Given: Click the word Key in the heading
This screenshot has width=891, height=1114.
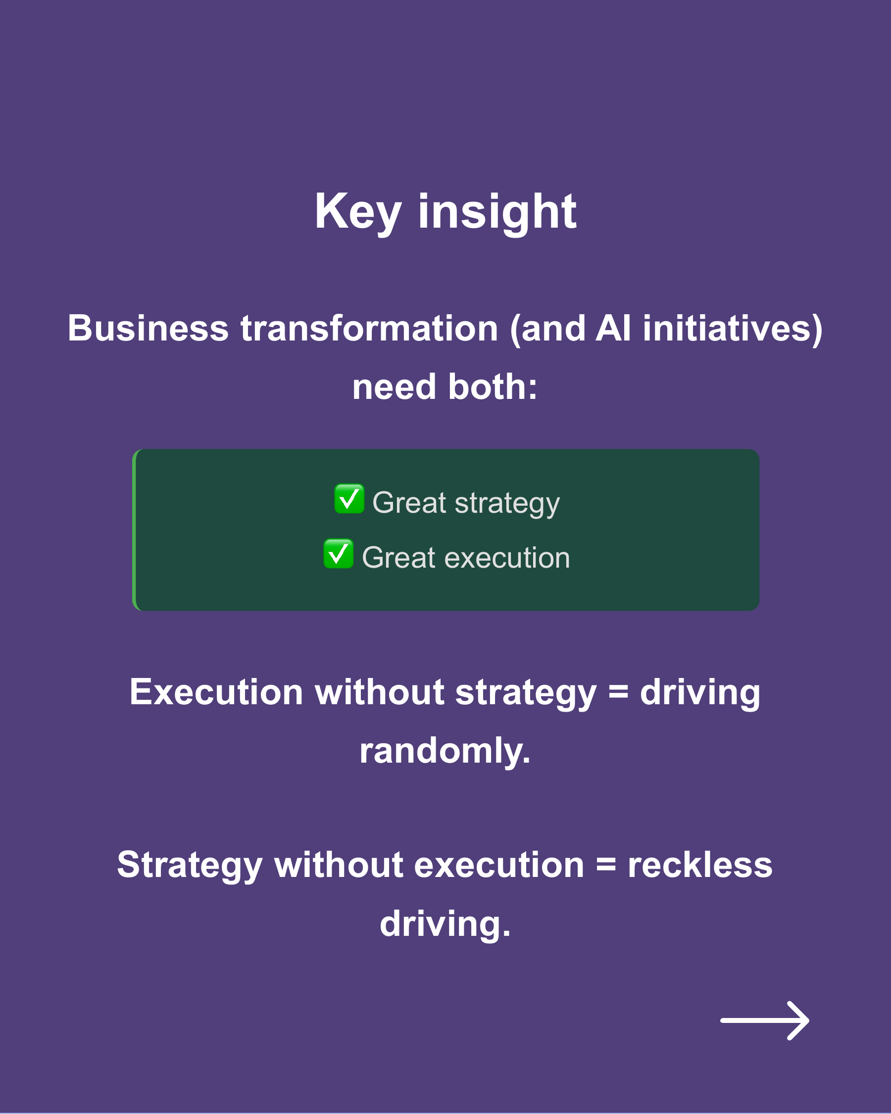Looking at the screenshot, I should click(358, 212).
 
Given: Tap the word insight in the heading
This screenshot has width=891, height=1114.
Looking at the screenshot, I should click(497, 212).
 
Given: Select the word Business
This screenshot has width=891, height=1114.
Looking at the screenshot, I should click(148, 329).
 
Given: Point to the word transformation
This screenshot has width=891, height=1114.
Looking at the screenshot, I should click(370, 329).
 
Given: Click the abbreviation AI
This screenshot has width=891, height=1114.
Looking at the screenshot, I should click(613, 329).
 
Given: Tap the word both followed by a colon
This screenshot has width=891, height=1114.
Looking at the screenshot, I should click(492, 387).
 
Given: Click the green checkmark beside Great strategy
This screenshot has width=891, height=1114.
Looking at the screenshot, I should click(349, 499).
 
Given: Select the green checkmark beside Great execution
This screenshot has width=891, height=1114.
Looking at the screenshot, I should click(339, 554).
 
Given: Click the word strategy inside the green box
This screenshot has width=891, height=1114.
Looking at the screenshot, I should click(507, 503).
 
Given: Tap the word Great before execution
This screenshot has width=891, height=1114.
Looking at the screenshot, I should click(398, 558).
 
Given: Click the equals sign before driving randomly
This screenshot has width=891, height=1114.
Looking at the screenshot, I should click(618, 692).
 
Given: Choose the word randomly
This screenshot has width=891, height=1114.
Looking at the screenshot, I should click(445, 751).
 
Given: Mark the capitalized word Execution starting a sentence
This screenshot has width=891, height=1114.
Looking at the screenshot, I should click(216, 692).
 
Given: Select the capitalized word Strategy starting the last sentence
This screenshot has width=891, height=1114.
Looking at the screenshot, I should click(190, 865).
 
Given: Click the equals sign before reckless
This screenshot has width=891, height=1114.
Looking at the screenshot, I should click(606, 865).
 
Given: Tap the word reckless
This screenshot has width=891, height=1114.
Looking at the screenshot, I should click(700, 865).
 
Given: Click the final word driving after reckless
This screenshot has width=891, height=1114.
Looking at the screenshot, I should click(445, 924).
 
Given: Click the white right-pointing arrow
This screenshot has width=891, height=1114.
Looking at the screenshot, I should click(764, 1020).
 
